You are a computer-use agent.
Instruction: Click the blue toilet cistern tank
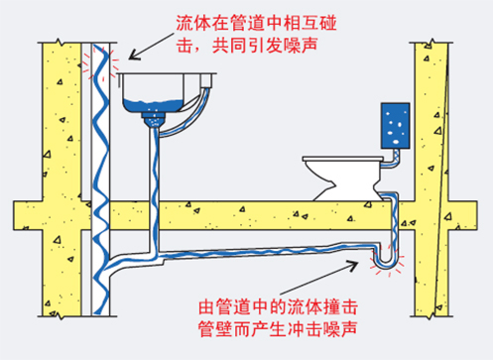[x=395, y=126]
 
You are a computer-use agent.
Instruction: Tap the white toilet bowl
[x=344, y=179]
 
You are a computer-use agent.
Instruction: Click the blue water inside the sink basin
[x=153, y=105]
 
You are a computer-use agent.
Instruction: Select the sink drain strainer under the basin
[x=153, y=120]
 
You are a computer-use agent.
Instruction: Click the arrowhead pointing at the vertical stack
[x=134, y=56]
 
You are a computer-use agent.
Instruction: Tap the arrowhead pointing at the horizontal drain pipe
[x=352, y=265]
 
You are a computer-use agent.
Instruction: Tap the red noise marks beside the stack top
[x=100, y=62]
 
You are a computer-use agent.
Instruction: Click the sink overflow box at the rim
[x=206, y=80]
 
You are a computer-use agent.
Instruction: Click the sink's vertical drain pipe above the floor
[x=155, y=165]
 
